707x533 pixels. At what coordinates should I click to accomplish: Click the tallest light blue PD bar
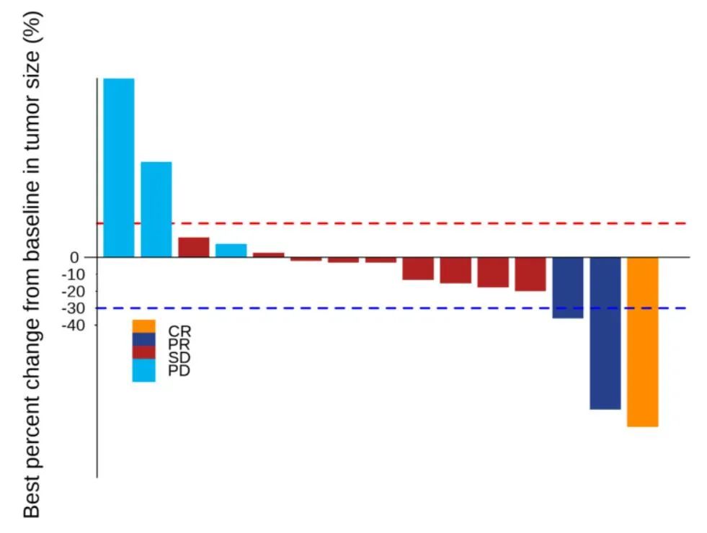coord(118,167)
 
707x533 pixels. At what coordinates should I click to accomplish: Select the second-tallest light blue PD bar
coord(156,209)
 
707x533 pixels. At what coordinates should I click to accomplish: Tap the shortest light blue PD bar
coord(231,250)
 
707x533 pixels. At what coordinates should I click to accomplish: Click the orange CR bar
coord(642,341)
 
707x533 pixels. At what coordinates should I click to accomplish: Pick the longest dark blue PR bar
coord(605,333)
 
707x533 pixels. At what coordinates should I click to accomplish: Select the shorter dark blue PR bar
coord(567,287)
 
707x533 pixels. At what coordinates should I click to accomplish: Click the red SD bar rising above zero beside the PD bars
coord(193,247)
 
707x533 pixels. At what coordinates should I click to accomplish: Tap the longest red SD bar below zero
coord(530,274)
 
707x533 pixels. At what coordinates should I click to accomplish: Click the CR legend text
coord(179,331)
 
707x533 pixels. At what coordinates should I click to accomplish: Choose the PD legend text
coord(179,371)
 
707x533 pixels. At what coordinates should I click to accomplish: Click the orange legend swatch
coord(143,326)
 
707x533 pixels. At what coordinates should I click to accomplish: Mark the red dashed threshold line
coord(432,223)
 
